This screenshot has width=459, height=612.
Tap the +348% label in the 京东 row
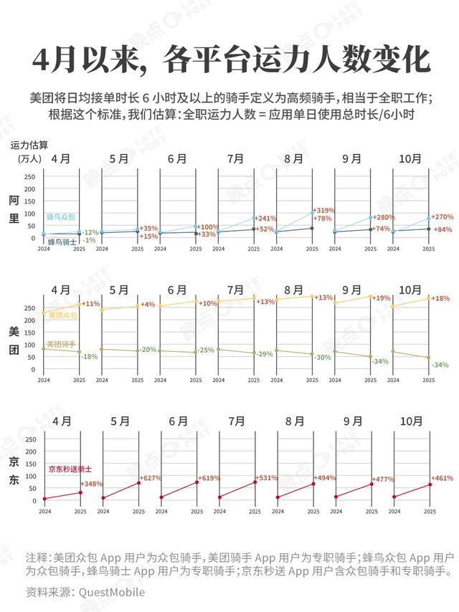pyautogui.click(x=92, y=484)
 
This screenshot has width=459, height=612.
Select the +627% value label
pyautogui.click(x=150, y=479)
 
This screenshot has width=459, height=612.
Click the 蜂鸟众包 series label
pyautogui.click(x=61, y=216)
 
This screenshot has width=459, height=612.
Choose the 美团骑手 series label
pyautogui.click(x=61, y=344)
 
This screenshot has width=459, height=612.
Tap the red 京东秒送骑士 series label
pyautogui.click(x=69, y=469)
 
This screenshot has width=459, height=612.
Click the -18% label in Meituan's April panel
pyautogui.click(x=90, y=356)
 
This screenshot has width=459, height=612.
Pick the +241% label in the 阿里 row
pyautogui.click(x=266, y=219)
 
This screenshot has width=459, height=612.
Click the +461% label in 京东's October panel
pyautogui.click(x=440, y=478)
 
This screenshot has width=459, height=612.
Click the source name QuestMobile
pyautogui.click(x=111, y=593)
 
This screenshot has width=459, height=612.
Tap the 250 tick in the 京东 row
pyautogui.click(x=30, y=439)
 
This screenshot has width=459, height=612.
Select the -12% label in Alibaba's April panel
pyautogui.click(x=90, y=232)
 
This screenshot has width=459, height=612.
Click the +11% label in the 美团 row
pyautogui.click(x=91, y=303)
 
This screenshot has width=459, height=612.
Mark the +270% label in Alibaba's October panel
pyautogui.click(x=440, y=216)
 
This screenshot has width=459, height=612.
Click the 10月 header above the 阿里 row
pyautogui.click(x=410, y=159)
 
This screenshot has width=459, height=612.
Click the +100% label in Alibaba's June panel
pyautogui.click(x=208, y=226)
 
